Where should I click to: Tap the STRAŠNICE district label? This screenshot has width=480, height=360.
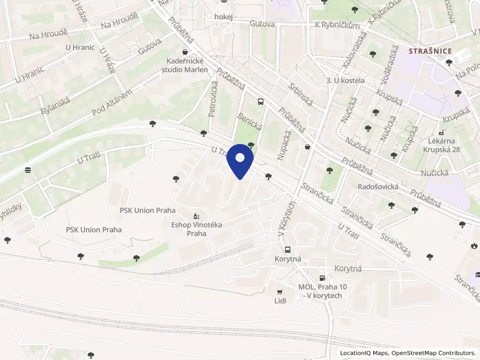click(x=430, y=51)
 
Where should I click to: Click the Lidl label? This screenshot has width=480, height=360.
click(x=280, y=301)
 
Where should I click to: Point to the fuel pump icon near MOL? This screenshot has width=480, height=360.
click(x=323, y=277)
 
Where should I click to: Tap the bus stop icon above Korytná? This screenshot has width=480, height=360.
click(x=287, y=250)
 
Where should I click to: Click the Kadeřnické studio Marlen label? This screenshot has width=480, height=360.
click(x=187, y=65)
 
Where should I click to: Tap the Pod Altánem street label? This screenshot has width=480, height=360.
click(x=112, y=102)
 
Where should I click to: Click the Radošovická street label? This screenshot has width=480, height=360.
click(x=378, y=187)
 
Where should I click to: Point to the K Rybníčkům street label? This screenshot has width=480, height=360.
click(x=337, y=25)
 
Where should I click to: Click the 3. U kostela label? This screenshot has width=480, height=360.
click(x=342, y=80)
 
